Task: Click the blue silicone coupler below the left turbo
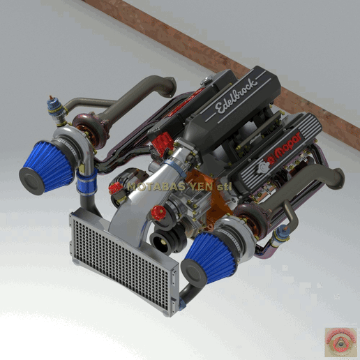coord(87,183)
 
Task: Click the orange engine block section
coord(212,199)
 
